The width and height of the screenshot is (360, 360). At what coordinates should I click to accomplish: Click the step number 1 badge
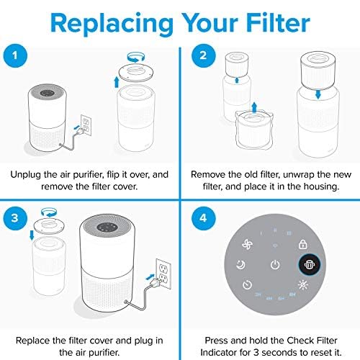pyautogui.click(x=15, y=55)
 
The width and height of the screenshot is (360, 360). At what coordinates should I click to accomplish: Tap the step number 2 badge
pyautogui.click(x=203, y=55)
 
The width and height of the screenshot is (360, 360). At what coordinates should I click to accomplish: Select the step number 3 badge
pyautogui.click(x=15, y=218)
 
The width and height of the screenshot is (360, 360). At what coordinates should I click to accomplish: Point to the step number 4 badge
pyautogui.click(x=203, y=218)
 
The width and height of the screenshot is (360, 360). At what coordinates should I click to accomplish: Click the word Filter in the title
pyautogui.click(x=278, y=23)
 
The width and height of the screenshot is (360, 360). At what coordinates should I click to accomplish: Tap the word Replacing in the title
pyautogui.click(x=112, y=24)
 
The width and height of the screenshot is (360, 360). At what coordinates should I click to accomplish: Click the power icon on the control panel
pyautogui.click(x=275, y=265)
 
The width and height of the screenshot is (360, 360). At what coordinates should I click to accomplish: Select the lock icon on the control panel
pyautogui.click(x=303, y=244)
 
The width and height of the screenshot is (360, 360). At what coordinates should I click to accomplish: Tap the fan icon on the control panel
pyautogui.click(x=247, y=245)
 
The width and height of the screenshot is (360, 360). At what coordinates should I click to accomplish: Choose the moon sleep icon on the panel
pyautogui.click(x=240, y=264)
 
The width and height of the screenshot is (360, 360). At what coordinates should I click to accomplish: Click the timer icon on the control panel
pyautogui.click(x=247, y=284)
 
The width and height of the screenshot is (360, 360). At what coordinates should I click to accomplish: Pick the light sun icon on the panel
pyautogui.click(x=303, y=284)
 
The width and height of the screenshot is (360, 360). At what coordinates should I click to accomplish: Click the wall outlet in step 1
pyautogui.click(x=86, y=125)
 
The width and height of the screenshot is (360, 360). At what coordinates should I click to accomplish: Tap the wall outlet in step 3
pyautogui.click(x=163, y=274)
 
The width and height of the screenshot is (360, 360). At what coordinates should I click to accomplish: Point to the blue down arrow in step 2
pyautogui.click(x=318, y=94)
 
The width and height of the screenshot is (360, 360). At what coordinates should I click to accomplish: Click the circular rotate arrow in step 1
pyautogui.click(x=136, y=57)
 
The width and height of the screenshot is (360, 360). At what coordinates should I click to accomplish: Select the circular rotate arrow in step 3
pyautogui.click(x=49, y=212)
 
